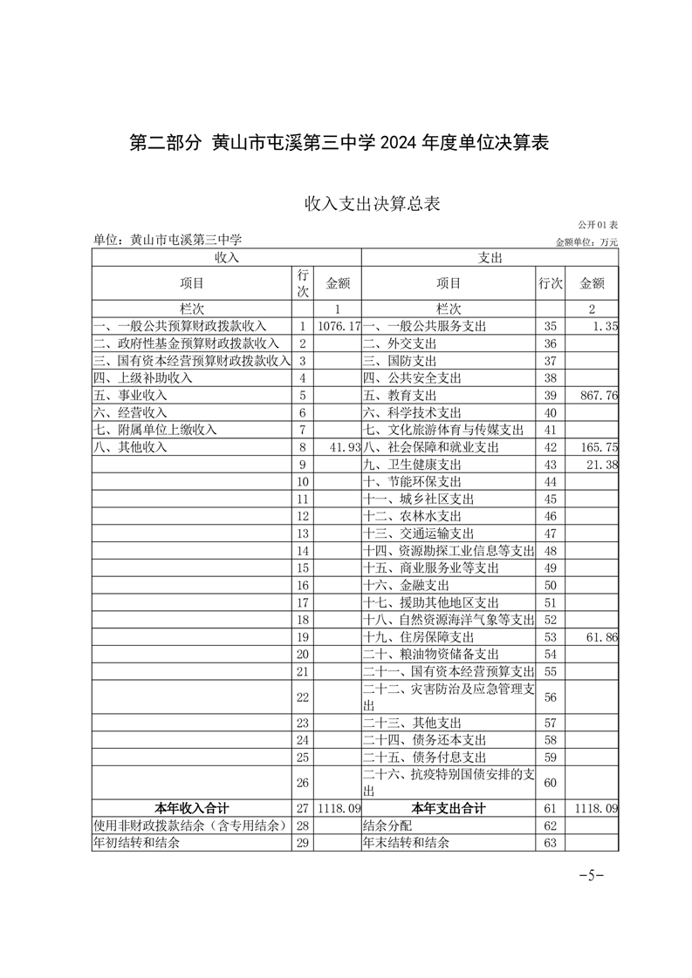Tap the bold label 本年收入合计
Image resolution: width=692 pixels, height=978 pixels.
tap(192, 808)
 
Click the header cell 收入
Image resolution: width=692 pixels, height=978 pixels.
tap(226, 258)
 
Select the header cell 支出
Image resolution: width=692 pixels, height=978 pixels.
tap(490, 258)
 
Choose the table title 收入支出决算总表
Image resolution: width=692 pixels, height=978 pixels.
tap(372, 204)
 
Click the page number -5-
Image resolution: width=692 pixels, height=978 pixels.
tap(592, 875)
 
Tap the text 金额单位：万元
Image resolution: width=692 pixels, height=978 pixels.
tap(586, 241)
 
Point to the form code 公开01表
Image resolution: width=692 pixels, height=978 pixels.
tap(598, 225)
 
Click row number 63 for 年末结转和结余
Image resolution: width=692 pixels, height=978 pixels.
tap(550, 843)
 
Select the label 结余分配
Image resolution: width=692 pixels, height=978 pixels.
tap(386, 825)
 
